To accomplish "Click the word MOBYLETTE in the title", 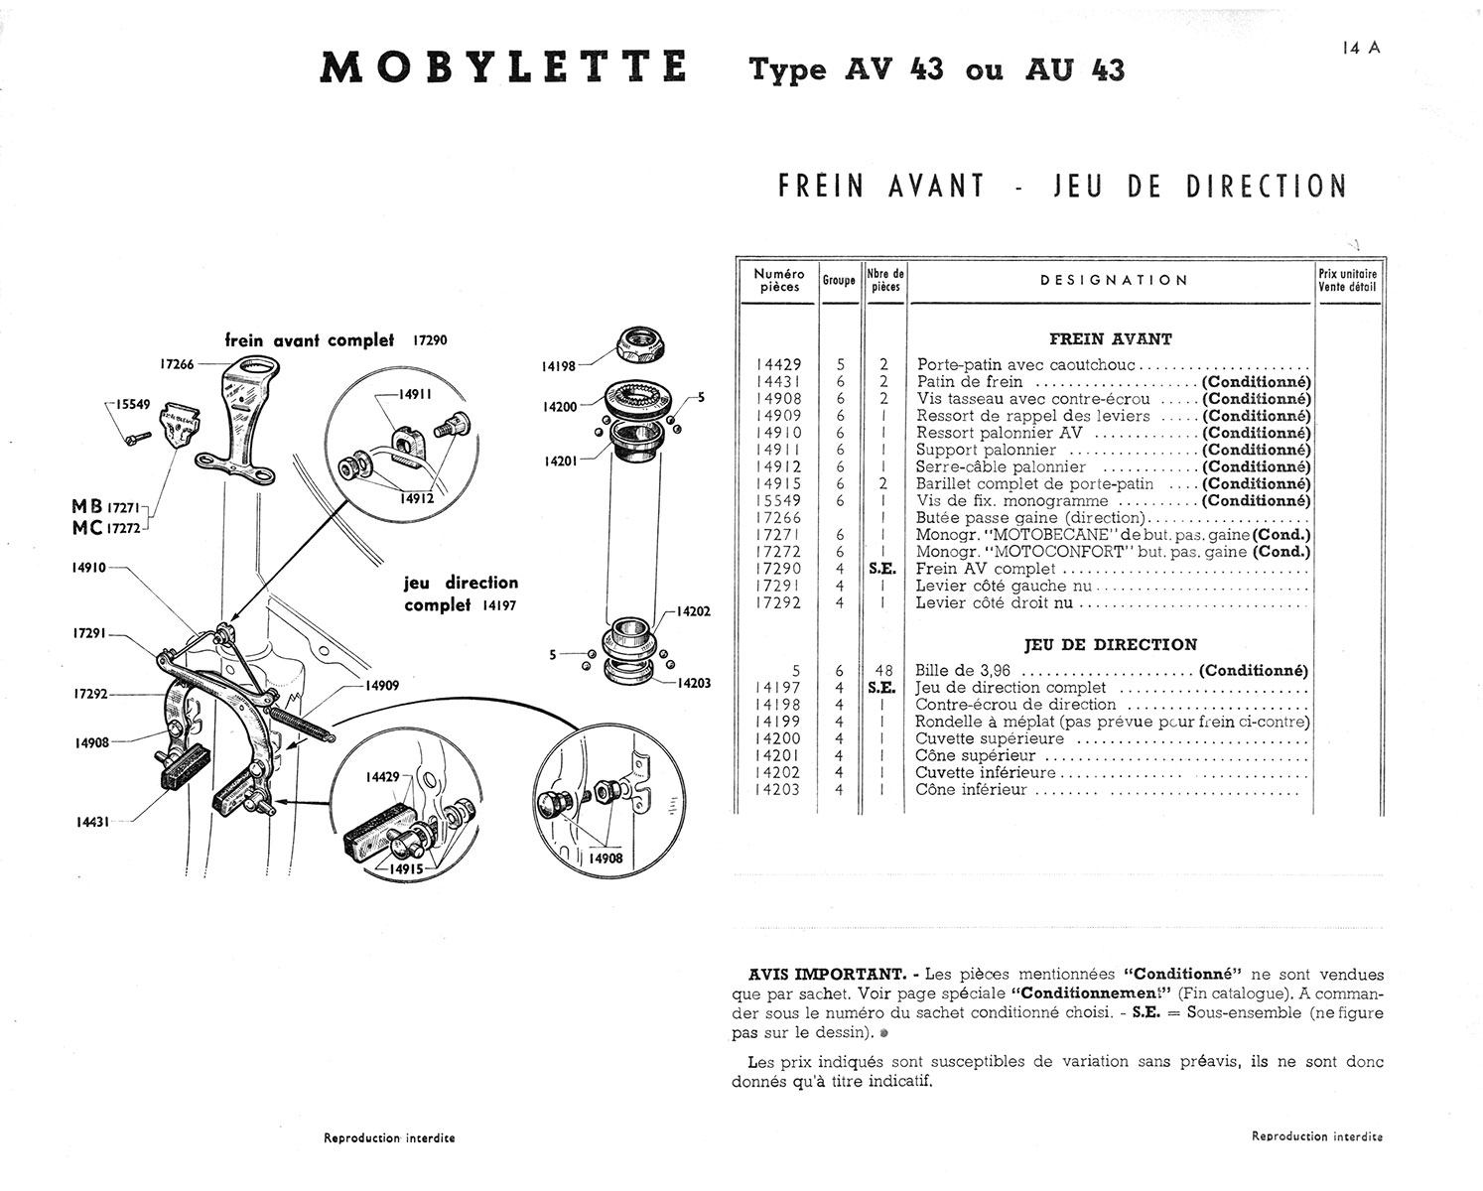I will [503, 67].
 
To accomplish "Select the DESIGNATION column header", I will [1114, 280].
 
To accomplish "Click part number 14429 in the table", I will [779, 364].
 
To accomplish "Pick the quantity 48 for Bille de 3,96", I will [883, 671].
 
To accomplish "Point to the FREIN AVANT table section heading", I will [1110, 338].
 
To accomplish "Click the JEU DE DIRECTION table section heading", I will [1110, 644].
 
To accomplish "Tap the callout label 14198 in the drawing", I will [560, 366].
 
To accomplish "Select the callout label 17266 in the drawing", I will [179, 363].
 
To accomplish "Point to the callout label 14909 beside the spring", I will [381, 685].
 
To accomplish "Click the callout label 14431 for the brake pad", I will [92, 821].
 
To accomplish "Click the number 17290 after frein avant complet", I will [429, 340].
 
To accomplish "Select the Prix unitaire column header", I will [1347, 280].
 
